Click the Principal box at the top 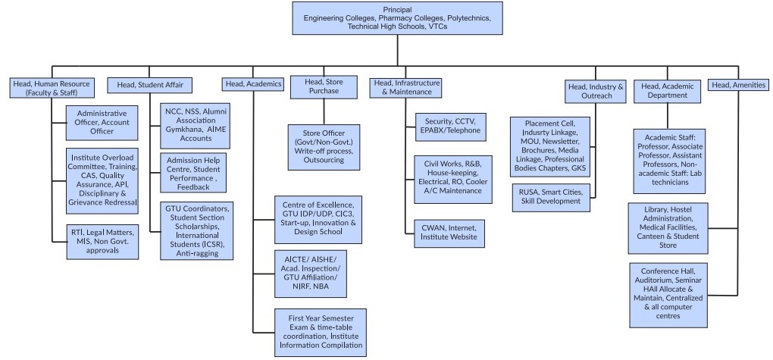point(397,17)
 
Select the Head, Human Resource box point(52,88)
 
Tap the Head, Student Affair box point(150,84)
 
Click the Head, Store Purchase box point(323,86)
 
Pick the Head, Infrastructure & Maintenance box point(405,87)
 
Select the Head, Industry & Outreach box point(595,92)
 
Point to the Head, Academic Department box point(668,91)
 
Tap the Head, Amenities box point(737,85)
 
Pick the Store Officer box point(323,145)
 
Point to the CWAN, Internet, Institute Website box point(449,233)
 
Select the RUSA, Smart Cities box point(549,196)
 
